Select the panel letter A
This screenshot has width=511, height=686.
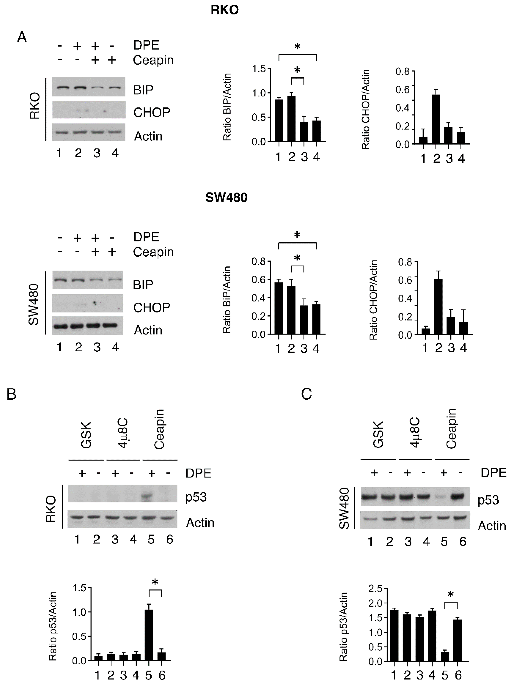tap(22, 37)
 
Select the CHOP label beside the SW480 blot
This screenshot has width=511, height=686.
tap(152, 308)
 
